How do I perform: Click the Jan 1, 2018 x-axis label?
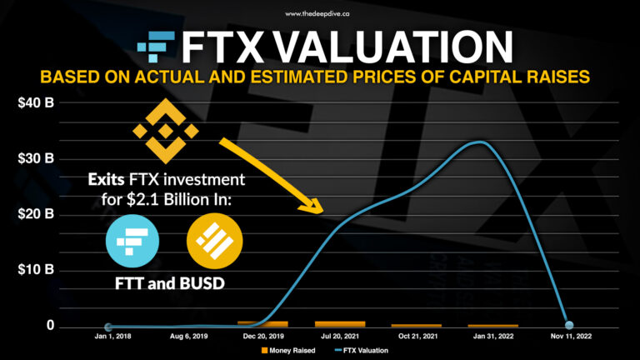coord(108,337)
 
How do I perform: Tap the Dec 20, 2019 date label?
coord(262,337)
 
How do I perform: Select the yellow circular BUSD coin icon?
coord(212,239)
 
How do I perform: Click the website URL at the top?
coord(320,13)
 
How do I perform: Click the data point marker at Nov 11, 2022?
coord(569,325)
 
